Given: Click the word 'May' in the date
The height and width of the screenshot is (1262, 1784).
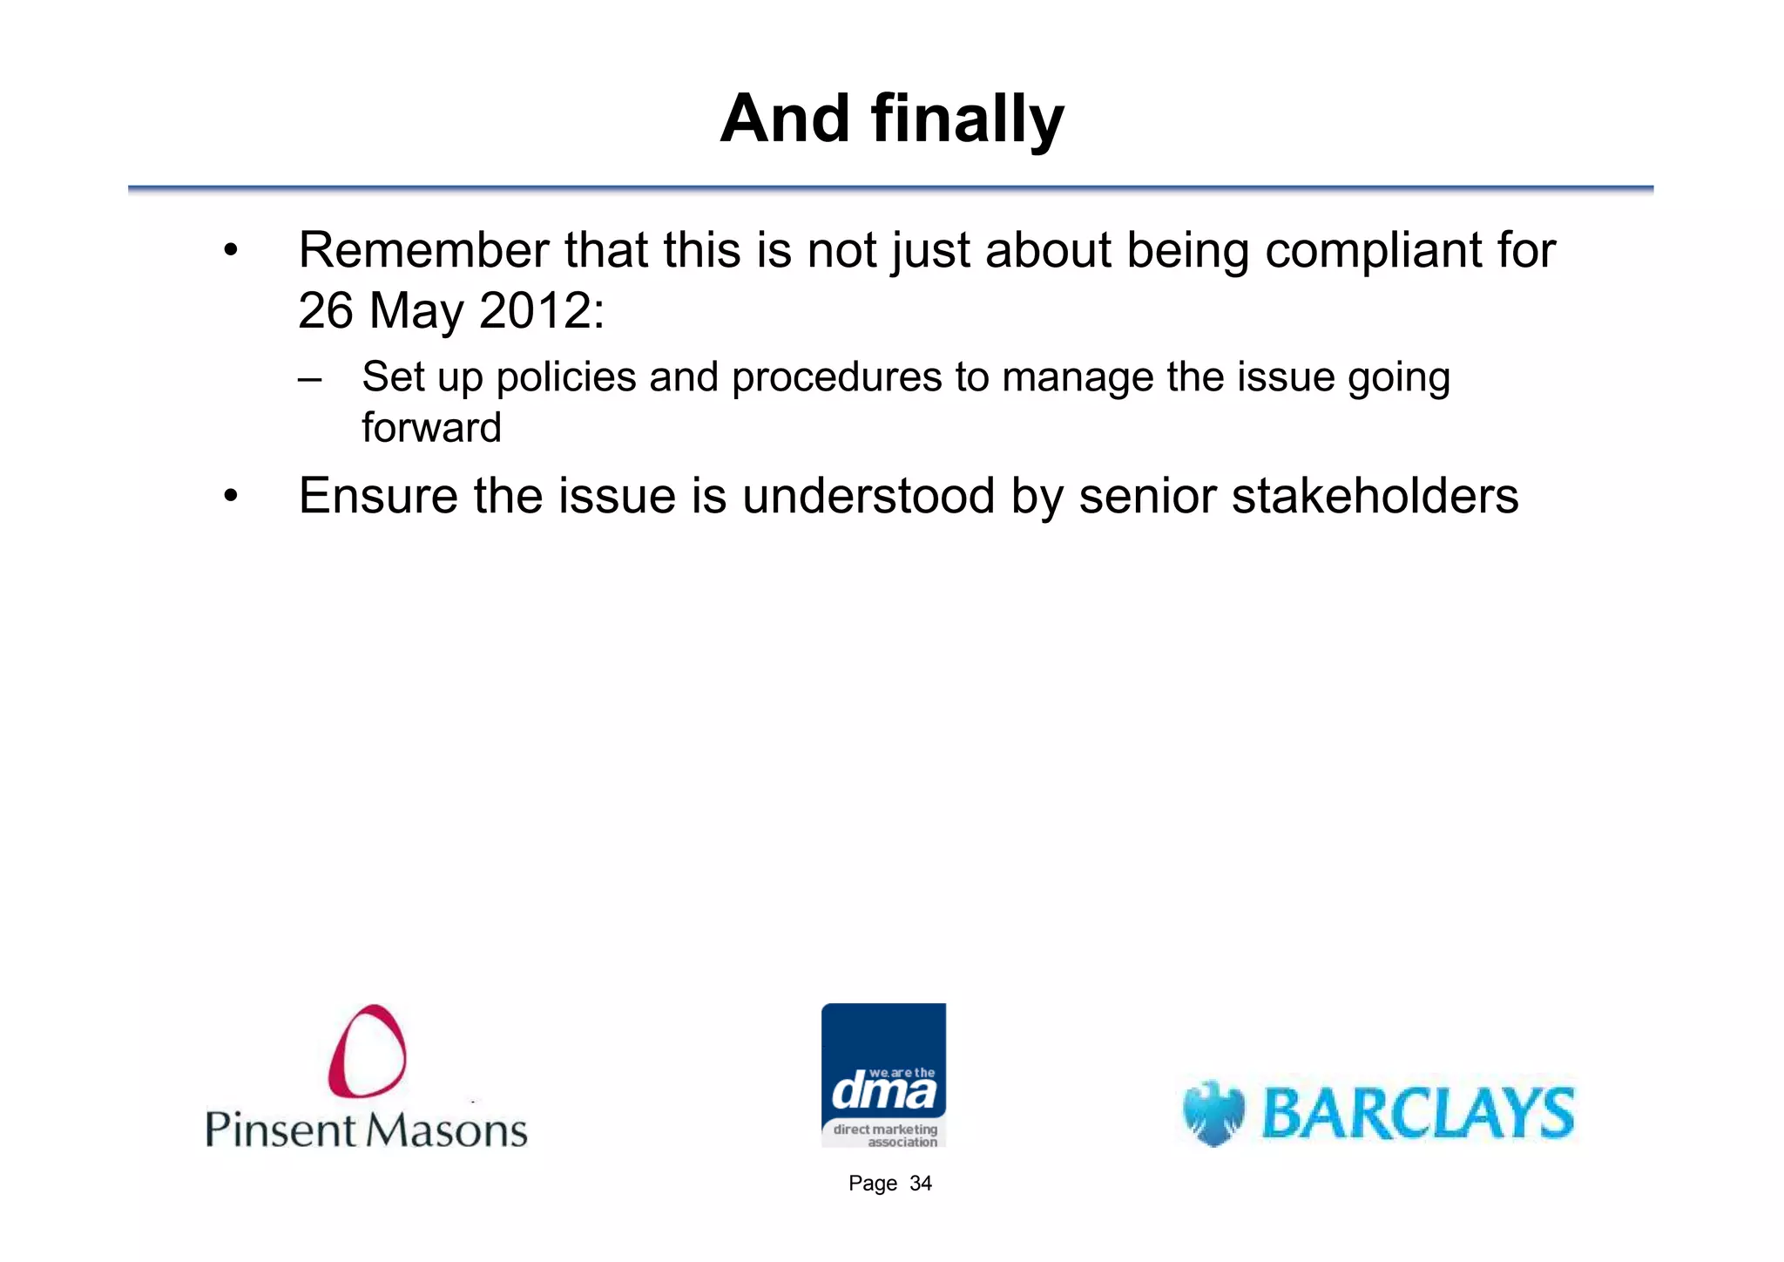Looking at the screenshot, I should tap(416, 312).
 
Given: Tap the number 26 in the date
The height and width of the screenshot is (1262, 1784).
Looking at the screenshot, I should tap(325, 310).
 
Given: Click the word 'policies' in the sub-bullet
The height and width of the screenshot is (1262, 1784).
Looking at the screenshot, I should tap(566, 377).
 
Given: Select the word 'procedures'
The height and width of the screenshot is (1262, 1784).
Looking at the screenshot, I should tap(836, 377).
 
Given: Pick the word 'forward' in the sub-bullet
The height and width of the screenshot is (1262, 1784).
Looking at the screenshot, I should tap(431, 427).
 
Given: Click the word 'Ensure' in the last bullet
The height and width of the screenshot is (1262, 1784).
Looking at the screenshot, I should tap(377, 496).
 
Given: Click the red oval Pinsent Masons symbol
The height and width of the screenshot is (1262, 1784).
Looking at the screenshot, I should tap(367, 1050).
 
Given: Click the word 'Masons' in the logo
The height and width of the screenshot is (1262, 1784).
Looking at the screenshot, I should tap(445, 1130).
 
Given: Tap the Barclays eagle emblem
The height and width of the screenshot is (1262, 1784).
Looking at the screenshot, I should tap(1213, 1113).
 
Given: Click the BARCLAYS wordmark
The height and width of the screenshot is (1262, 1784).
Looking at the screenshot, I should tap(1418, 1113).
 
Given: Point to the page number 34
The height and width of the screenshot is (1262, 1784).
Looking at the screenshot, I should tap(920, 1184).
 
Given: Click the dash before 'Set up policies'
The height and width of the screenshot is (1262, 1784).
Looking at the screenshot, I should tap(309, 379).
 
